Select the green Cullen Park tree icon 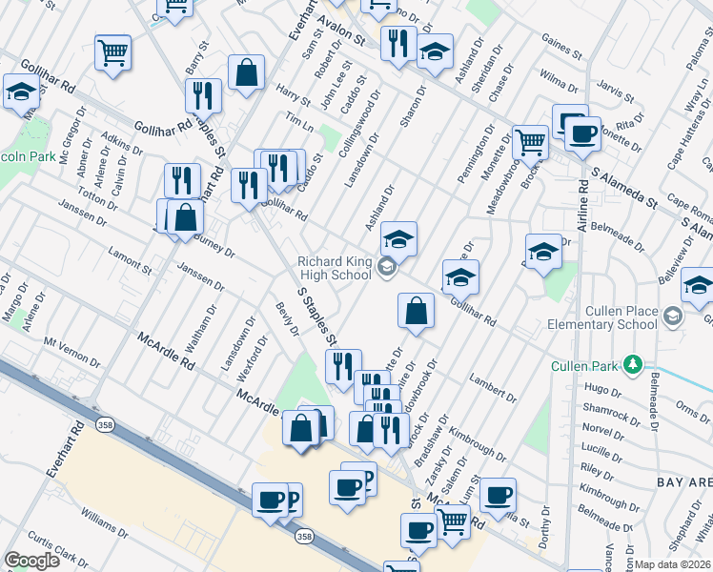coord(631,364)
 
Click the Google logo coord(31,561)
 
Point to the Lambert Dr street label coord(493,387)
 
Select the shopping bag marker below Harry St coord(246,72)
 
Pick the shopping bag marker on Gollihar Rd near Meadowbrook coord(416,311)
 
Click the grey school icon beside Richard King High coord(386,268)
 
